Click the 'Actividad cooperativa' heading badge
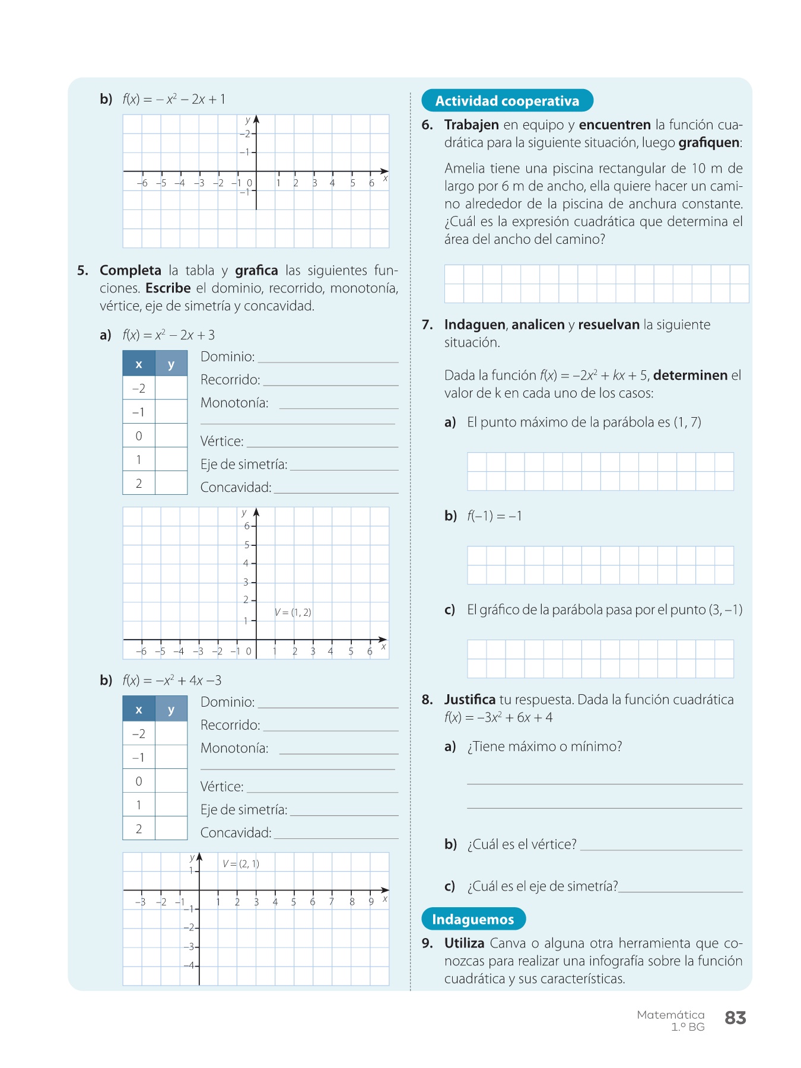pyautogui.click(x=507, y=101)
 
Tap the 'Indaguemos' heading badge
pyautogui.click(x=473, y=919)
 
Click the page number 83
pyautogui.click(x=735, y=1018)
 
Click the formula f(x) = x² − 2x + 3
pyautogui.click(x=169, y=335)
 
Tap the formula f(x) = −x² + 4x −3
pyautogui.click(x=171, y=681)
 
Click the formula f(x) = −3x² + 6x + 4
pyautogui.click(x=498, y=717)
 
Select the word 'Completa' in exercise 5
pyautogui.click(x=130, y=271)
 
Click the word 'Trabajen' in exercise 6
pyautogui.click(x=471, y=125)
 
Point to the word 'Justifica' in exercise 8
pyautogui.click(x=469, y=700)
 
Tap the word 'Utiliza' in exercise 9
pyautogui.click(x=464, y=943)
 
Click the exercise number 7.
pyautogui.click(x=427, y=325)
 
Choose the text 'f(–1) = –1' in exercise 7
pyautogui.click(x=494, y=516)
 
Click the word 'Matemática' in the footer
pyautogui.click(x=670, y=1015)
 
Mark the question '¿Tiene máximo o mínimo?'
pyautogui.click(x=544, y=746)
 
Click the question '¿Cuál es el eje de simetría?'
pyautogui.click(x=542, y=886)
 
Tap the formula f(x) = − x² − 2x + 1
pyautogui.click(x=174, y=99)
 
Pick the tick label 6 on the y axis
pyautogui.click(x=247, y=526)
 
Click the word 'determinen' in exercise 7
pyautogui.click(x=690, y=376)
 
